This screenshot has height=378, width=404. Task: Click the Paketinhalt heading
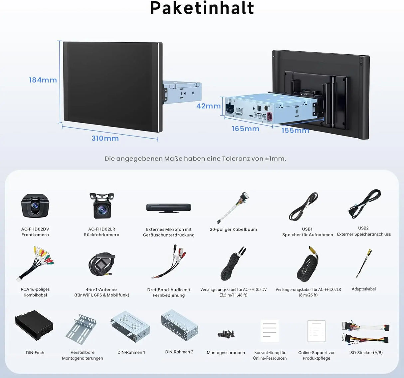pyautogui.click(x=202, y=8)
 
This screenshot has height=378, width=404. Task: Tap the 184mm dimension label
pyautogui.click(x=43, y=80)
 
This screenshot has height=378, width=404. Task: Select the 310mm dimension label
pyautogui.click(x=105, y=138)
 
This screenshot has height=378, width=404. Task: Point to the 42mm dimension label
pyautogui.click(x=209, y=106)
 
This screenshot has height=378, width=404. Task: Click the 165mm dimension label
pyautogui.click(x=246, y=129)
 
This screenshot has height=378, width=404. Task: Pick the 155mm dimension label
pyautogui.click(x=295, y=130)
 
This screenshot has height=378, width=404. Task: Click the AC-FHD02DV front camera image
pyautogui.click(x=35, y=206)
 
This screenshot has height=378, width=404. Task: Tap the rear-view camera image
pyautogui.click(x=102, y=206)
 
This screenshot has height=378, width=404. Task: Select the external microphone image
pyautogui.click(x=169, y=208)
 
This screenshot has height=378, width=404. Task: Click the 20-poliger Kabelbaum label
pyautogui.click(x=233, y=229)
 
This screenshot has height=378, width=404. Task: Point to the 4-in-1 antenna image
pyautogui.click(x=102, y=264)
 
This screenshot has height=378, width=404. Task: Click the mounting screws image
pyautogui.click(x=226, y=333)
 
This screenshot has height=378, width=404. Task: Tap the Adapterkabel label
pyautogui.click(x=363, y=289)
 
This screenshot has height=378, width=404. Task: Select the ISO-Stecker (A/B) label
pyautogui.click(x=366, y=353)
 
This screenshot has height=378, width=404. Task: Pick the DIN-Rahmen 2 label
pyautogui.click(x=179, y=352)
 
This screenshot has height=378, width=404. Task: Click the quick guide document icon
pyautogui.click(x=270, y=331)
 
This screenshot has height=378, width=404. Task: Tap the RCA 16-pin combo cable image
pyautogui.click(x=35, y=264)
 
